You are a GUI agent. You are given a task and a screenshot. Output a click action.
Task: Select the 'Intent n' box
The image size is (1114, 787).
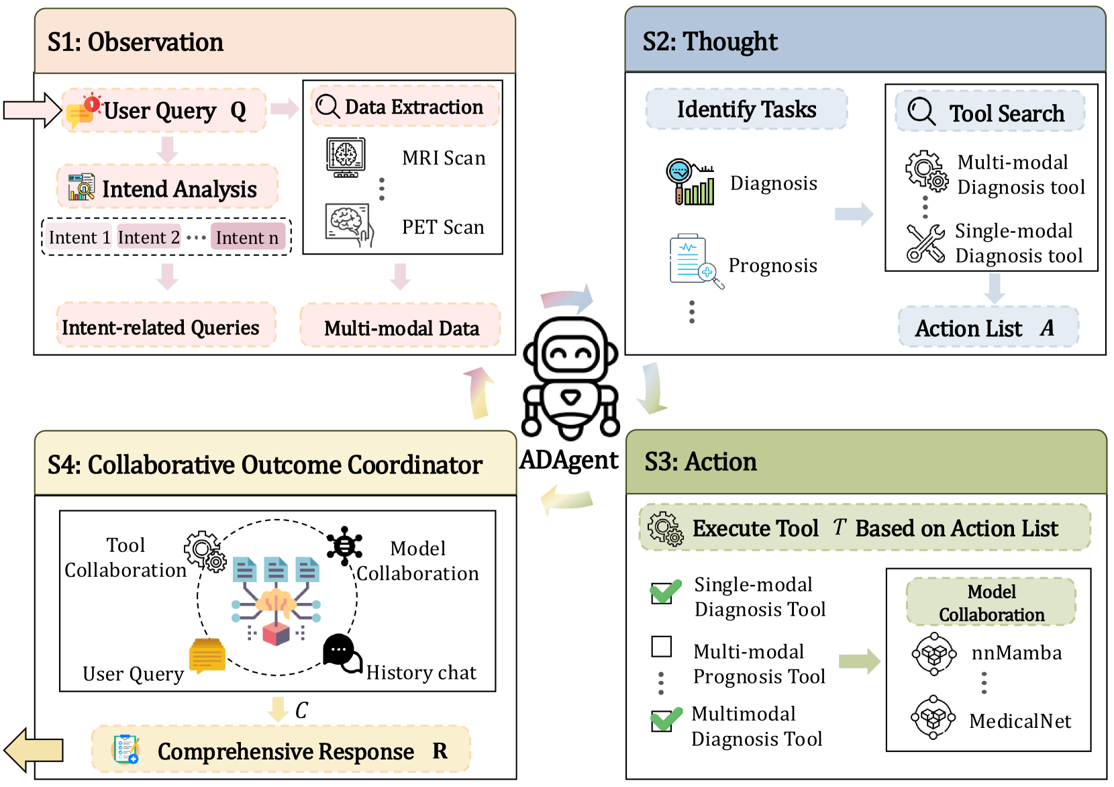tap(248, 238)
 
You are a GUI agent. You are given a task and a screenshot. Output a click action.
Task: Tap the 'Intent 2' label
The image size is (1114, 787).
tap(149, 238)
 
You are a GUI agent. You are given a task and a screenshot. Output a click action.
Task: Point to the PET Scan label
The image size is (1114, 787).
tap(443, 227)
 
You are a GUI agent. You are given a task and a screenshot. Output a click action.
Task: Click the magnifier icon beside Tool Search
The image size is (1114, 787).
tap(921, 111)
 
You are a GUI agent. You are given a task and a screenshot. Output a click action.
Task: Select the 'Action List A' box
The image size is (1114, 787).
tap(988, 328)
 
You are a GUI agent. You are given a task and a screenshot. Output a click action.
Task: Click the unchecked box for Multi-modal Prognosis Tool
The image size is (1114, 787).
tap(662, 647)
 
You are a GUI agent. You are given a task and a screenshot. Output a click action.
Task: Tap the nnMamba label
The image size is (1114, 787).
tap(1016, 653)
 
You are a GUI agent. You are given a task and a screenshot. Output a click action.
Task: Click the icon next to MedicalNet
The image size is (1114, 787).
tap(933, 718)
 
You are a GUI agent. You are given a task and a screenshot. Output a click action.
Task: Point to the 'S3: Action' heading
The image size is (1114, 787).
tap(701, 462)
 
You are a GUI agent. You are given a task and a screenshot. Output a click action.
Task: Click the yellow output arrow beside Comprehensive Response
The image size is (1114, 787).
tap(34, 750)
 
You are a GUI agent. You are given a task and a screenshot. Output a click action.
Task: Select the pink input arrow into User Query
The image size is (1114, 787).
tap(32, 109)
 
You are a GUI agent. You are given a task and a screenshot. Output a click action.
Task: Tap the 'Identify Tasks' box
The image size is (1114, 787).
tap(746, 109)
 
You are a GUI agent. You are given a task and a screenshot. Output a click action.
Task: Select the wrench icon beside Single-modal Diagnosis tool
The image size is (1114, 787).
tap(925, 243)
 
